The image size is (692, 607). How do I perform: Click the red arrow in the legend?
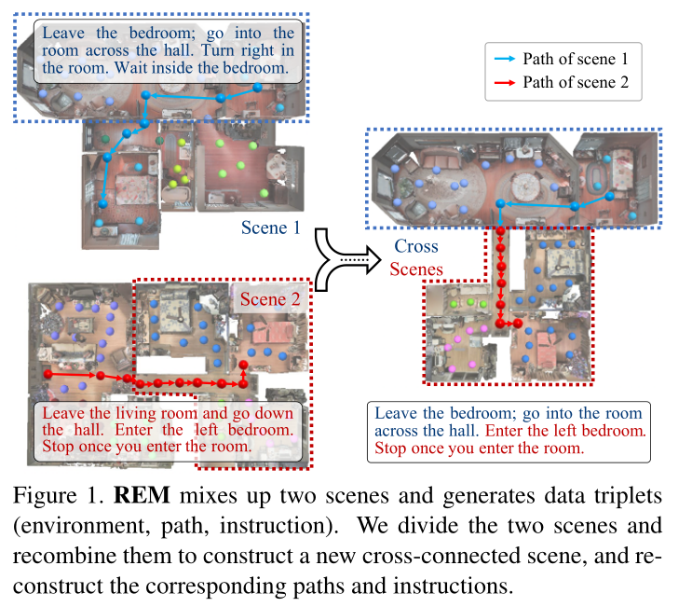click(504, 83)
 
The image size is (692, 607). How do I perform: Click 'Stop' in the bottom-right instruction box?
click(390, 448)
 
